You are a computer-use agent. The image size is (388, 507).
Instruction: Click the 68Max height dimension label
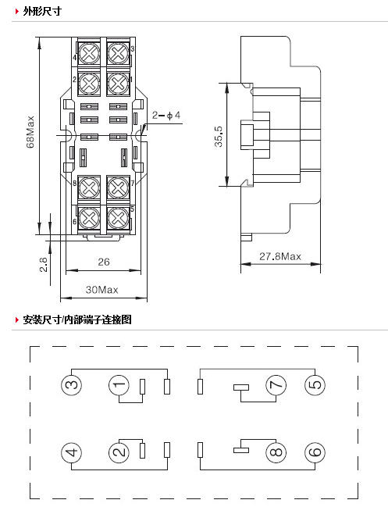[30, 132]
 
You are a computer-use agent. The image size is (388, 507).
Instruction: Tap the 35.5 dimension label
[219, 136]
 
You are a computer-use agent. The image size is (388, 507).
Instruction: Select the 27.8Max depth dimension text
[280, 256]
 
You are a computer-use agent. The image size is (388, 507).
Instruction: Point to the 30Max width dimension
[101, 289]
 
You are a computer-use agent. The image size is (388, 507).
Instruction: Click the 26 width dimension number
[104, 262]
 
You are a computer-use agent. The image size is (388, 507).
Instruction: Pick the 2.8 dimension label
[43, 265]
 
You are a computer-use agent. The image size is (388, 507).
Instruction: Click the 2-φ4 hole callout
[166, 115]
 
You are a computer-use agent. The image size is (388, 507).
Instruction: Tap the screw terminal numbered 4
[89, 52]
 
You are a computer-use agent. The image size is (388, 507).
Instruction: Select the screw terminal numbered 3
[118, 52]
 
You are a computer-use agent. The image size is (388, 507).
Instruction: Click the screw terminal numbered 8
[89, 187]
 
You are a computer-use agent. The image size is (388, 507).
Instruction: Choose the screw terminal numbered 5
[118, 217]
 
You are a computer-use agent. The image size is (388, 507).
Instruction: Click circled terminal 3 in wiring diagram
[71, 385]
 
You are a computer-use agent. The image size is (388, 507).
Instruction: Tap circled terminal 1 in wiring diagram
[119, 385]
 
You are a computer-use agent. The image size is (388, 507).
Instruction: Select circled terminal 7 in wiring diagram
[276, 385]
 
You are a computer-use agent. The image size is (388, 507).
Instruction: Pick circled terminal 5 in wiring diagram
[315, 385]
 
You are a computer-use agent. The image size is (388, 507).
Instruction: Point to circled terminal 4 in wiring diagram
[71, 452]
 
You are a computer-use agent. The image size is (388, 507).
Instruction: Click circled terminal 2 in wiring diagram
[119, 452]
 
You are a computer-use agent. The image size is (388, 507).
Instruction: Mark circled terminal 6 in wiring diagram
[315, 452]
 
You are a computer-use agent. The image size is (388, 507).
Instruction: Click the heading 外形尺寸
[42, 11]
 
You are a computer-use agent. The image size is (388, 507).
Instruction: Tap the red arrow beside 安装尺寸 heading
[17, 320]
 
